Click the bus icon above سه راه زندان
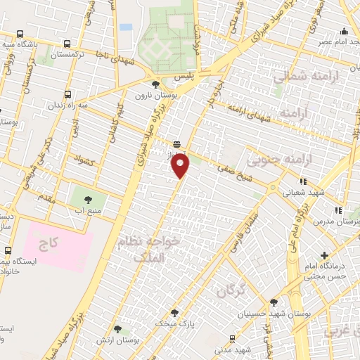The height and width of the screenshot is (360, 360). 67,94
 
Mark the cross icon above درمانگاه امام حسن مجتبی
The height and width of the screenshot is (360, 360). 324,255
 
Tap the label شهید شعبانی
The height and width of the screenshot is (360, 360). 303,190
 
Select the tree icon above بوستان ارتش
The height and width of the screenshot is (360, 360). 118,328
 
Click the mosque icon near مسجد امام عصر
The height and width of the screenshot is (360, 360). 343,31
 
